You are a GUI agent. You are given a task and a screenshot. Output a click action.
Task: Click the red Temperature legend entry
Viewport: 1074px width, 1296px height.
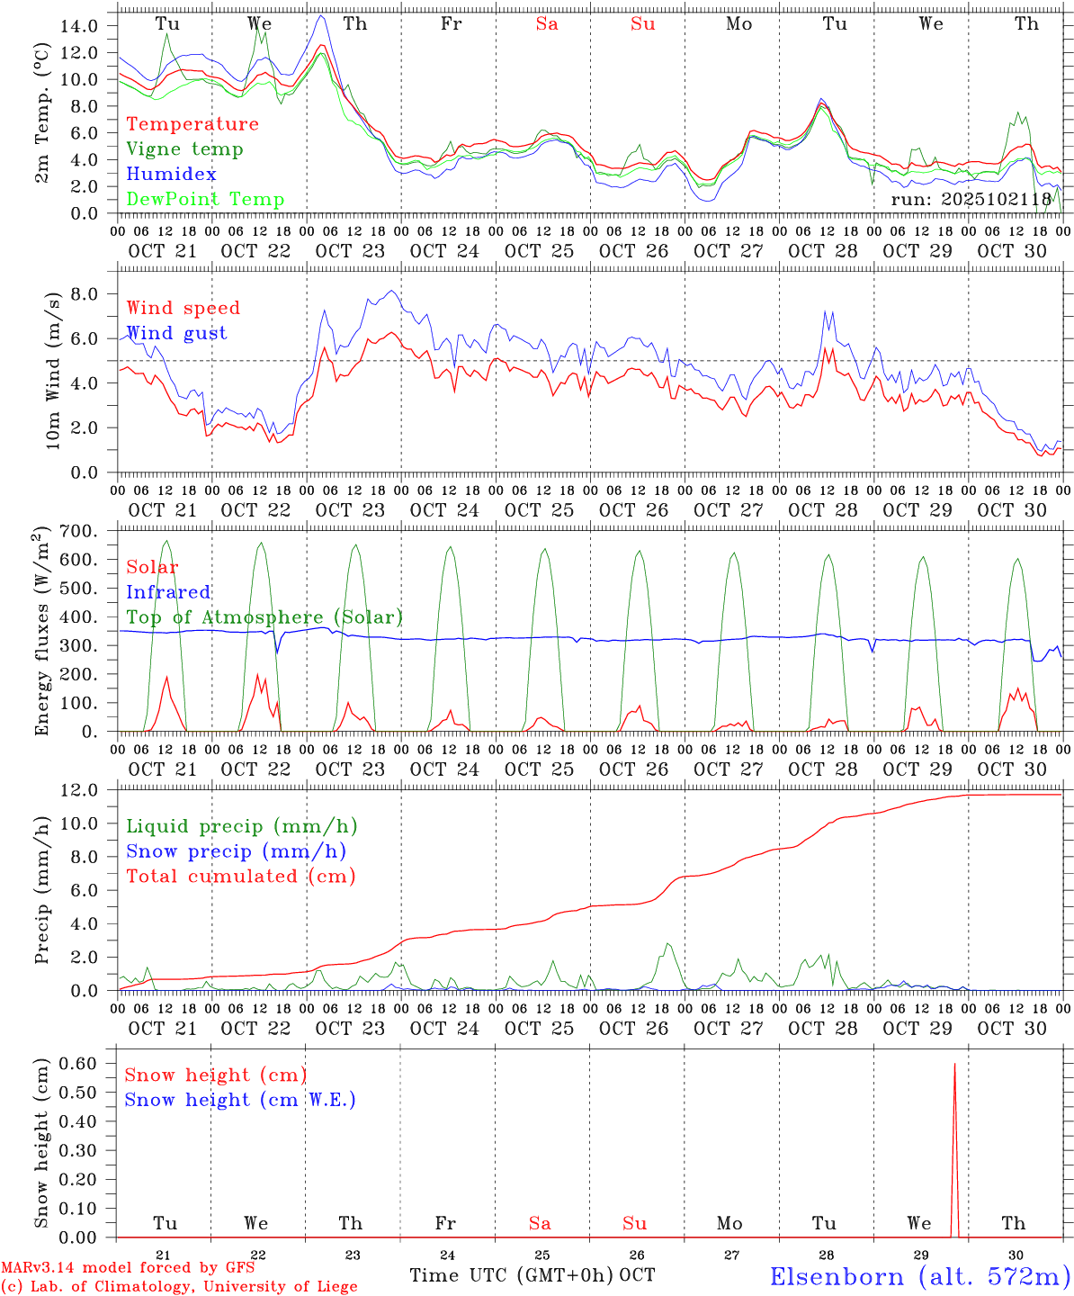pos(192,124)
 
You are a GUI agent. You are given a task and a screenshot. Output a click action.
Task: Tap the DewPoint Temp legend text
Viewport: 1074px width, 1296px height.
pos(205,200)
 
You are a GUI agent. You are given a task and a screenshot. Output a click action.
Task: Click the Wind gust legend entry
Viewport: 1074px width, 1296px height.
pos(176,333)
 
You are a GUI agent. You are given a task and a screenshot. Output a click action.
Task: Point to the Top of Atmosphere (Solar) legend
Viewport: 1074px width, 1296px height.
pos(264,617)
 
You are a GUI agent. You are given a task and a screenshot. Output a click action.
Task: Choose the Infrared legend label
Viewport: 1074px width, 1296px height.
pos(168,592)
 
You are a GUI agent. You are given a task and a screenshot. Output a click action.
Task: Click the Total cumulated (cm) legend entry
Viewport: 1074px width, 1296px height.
pos(240,877)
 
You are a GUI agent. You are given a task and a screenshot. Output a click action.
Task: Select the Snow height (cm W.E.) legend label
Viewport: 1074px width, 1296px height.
pos(239,1100)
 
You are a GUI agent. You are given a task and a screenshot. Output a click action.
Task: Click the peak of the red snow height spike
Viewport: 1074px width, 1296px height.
pos(954,1065)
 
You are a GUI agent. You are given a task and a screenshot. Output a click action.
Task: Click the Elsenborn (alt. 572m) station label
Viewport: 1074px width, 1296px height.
pos(919,1276)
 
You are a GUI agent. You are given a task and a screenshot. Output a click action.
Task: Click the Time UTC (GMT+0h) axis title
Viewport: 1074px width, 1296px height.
pos(512,1275)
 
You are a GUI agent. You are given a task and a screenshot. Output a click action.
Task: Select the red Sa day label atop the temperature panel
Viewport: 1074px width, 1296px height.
pos(547,24)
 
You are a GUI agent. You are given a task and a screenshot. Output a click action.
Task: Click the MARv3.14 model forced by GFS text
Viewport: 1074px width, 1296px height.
pos(127,1268)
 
